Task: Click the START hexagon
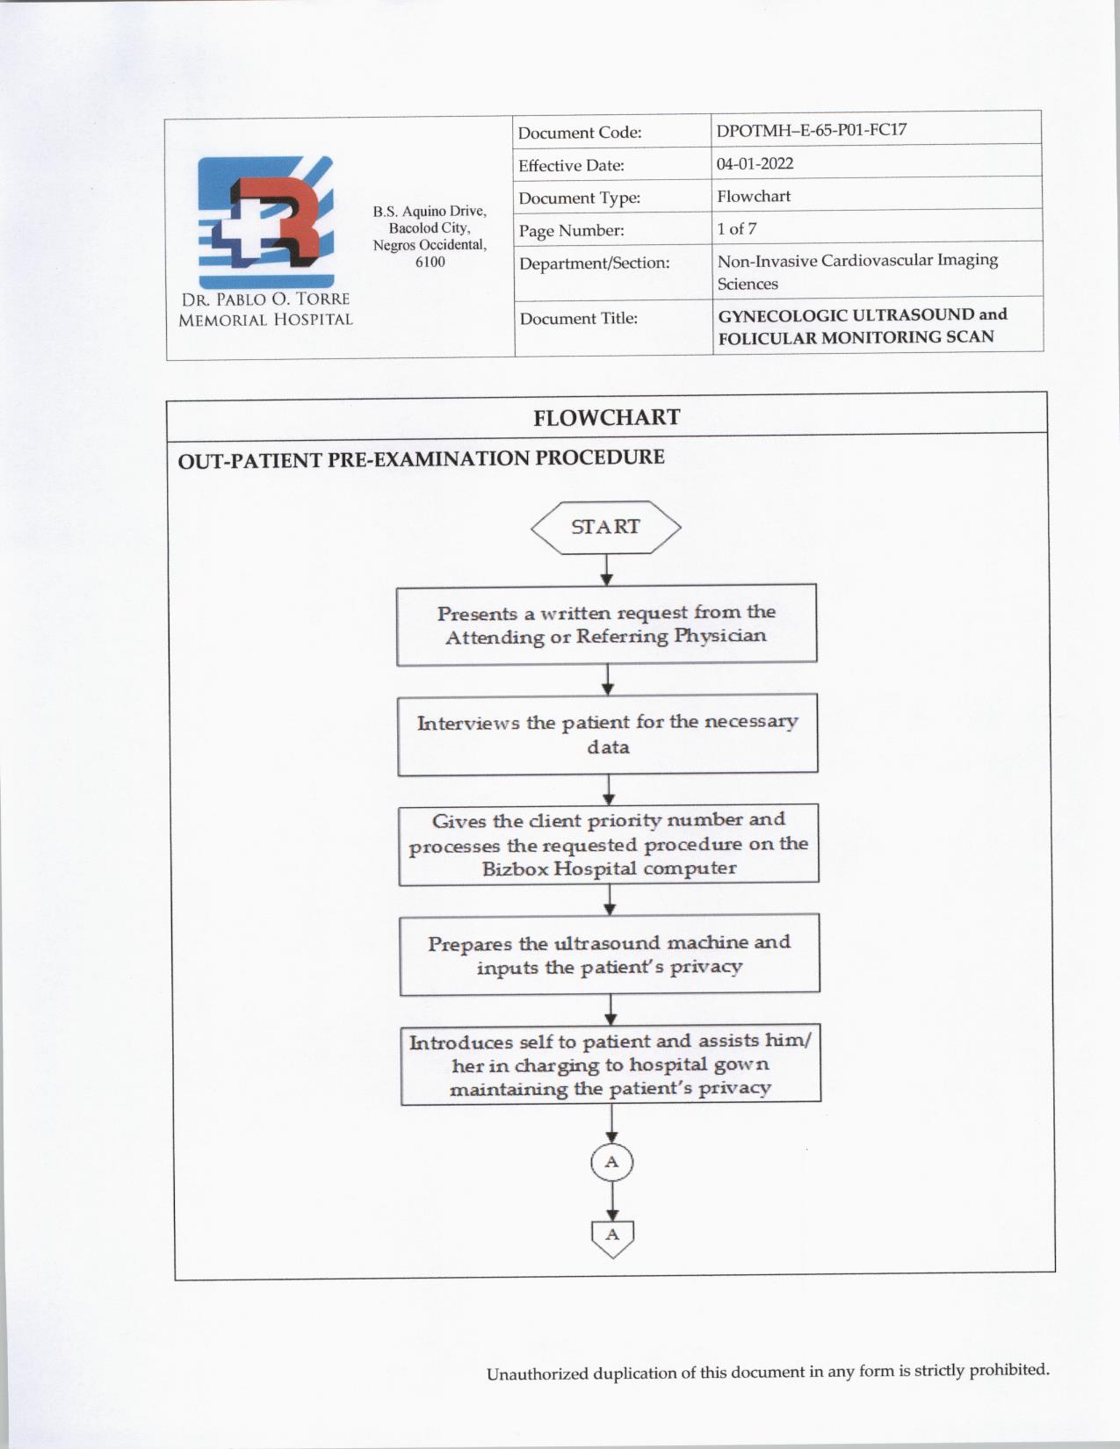pyautogui.click(x=605, y=527)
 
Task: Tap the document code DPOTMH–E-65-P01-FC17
pyautogui.click(x=811, y=130)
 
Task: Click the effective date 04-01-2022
pyautogui.click(x=755, y=163)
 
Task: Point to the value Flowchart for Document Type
pyautogui.click(x=754, y=196)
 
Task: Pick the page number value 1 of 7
pyautogui.click(x=736, y=228)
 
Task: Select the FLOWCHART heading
pyautogui.click(x=606, y=417)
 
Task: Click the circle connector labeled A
pyautogui.click(x=612, y=1162)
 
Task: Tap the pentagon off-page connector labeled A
pyautogui.click(x=612, y=1236)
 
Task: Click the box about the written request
pyautogui.click(x=606, y=624)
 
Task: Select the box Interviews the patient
pyautogui.click(x=608, y=734)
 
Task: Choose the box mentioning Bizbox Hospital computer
pyautogui.click(x=609, y=844)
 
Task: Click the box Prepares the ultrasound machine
pyautogui.click(x=610, y=954)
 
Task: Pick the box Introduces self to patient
pyautogui.click(x=611, y=1063)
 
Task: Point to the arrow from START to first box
pyautogui.click(x=606, y=570)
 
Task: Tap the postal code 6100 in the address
pyautogui.click(x=430, y=262)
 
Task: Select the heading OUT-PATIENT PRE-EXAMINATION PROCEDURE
pyautogui.click(x=421, y=458)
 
